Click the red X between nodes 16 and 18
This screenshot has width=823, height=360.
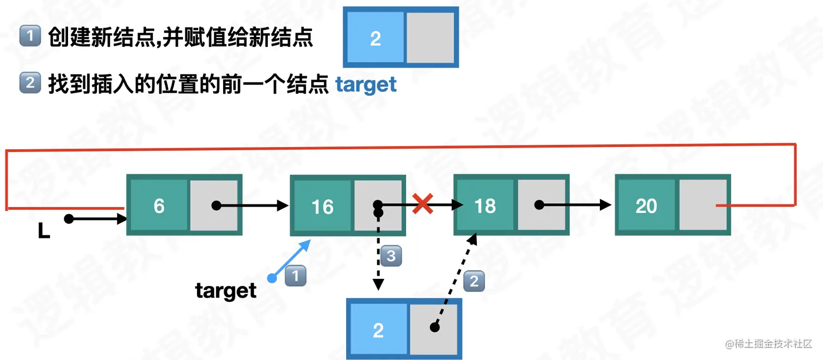422,205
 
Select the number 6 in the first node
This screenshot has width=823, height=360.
159,206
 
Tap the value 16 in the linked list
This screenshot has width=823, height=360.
322,207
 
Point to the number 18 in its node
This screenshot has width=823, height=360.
485,206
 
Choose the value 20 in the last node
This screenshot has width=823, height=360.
646,206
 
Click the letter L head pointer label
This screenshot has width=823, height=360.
44,231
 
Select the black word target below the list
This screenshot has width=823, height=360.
226,291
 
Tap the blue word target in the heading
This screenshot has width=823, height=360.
366,85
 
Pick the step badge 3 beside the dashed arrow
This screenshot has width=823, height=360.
391,255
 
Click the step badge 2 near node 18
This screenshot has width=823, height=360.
474,281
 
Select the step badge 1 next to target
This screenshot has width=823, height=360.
296,276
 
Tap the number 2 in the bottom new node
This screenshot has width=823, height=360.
378,330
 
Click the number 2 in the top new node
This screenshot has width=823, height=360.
375,39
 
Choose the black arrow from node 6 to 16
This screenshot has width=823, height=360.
251,205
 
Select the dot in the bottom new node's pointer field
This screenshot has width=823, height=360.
434,327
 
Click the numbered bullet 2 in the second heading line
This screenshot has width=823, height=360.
30,83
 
